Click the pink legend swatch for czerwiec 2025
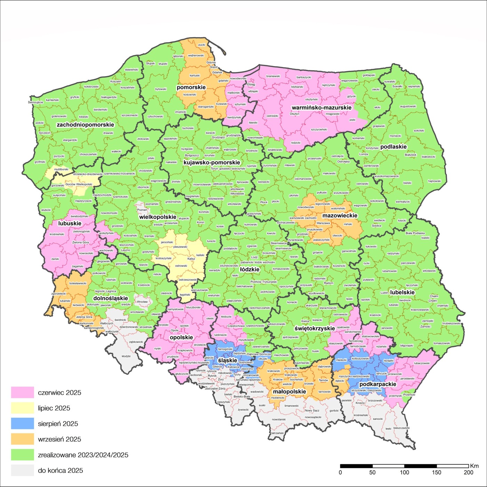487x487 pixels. coord(22,392)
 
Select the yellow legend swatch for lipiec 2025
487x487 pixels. coord(22,408)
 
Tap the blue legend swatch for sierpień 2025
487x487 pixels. coord(22,424)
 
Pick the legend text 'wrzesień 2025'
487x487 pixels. coord(59,439)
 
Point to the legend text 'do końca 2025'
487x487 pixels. coord(61,471)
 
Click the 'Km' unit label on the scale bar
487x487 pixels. coord(474,466)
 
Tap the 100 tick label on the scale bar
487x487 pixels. coord(404,472)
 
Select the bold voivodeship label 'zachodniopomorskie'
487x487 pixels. coord(85,125)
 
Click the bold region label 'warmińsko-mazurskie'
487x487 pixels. coord(321,107)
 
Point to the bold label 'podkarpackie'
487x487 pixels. coord(378,384)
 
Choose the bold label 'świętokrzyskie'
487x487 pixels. coord(314,328)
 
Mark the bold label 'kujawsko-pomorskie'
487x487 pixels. coord(212,162)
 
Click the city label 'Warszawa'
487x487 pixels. coord(323,223)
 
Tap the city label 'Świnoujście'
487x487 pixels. coord(35,102)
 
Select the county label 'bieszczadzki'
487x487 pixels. coord(401,428)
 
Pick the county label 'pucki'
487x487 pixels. coord(202,45)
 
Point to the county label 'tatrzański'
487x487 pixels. coord(277,433)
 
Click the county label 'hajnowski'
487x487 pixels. coord(434,181)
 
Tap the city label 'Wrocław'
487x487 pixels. coord(142,302)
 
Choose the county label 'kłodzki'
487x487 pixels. coord(126,356)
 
